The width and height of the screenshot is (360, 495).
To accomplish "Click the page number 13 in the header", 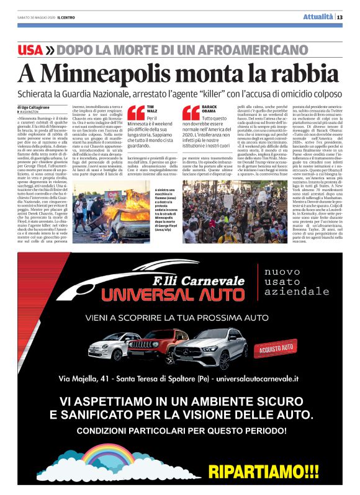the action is click(349, 16).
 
